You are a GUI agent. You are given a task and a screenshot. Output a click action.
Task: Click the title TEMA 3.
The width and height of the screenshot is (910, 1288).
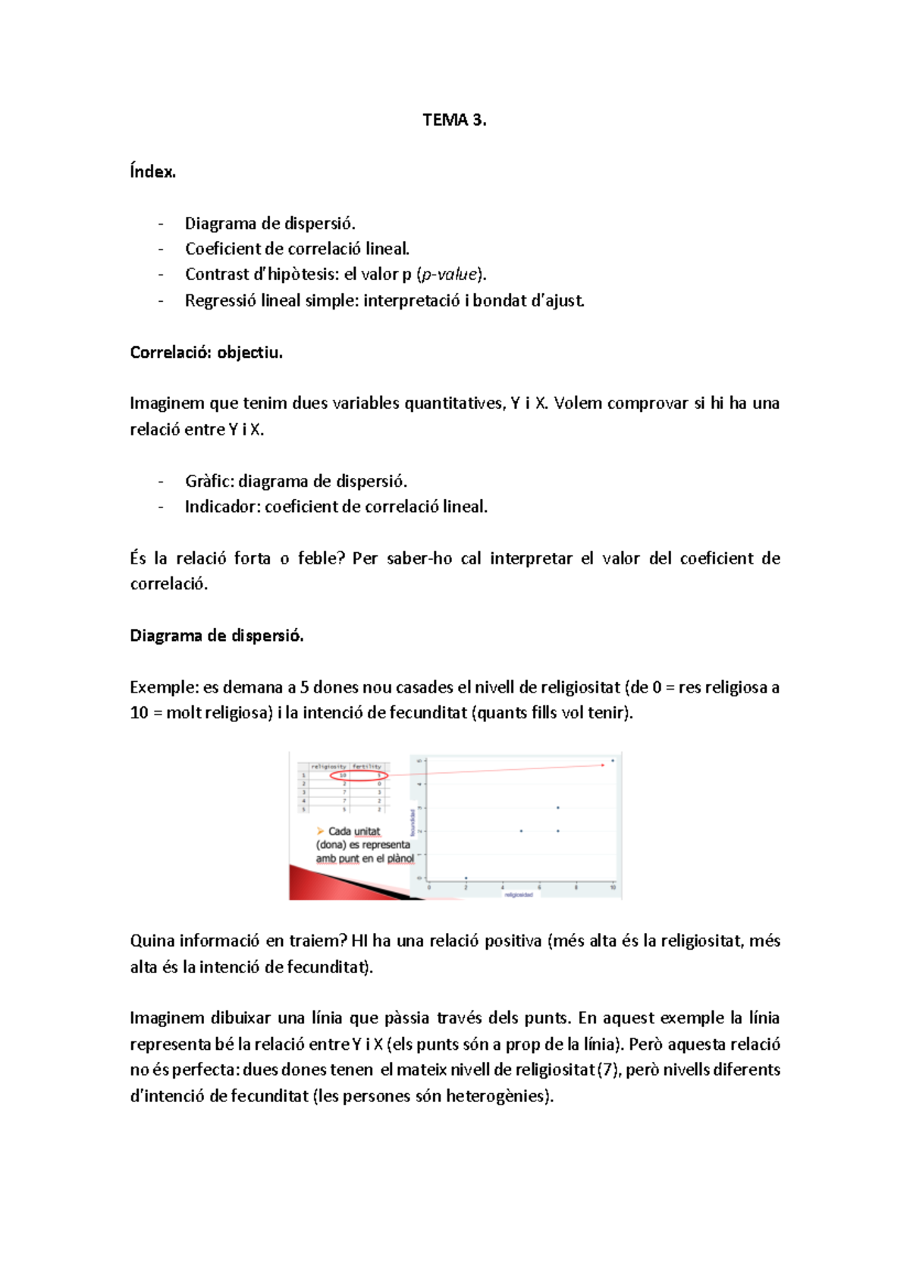(454, 120)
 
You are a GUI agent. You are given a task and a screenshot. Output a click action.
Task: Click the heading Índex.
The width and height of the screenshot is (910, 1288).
(152, 171)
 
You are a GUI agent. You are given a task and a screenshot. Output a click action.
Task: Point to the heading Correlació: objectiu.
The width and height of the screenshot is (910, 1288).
(206, 352)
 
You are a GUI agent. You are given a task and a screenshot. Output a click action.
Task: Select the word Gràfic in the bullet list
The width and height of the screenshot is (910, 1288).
(209, 481)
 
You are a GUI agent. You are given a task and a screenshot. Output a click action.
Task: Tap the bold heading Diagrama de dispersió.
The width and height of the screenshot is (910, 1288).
(217, 636)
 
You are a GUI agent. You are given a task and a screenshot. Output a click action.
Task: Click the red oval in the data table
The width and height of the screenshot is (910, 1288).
(359, 775)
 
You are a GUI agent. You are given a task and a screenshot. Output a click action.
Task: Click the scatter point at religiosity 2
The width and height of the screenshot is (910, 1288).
(466, 878)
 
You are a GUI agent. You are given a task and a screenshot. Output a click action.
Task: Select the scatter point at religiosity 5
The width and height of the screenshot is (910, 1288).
(521, 831)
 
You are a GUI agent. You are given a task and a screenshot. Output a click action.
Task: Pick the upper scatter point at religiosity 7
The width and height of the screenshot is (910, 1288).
(558, 808)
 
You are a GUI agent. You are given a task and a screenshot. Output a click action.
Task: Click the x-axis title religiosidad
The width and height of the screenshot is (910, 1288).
(519, 894)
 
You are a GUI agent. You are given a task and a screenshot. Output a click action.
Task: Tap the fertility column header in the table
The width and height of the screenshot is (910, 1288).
(368, 766)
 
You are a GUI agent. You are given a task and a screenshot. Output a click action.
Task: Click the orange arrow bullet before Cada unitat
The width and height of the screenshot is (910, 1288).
(321, 831)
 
